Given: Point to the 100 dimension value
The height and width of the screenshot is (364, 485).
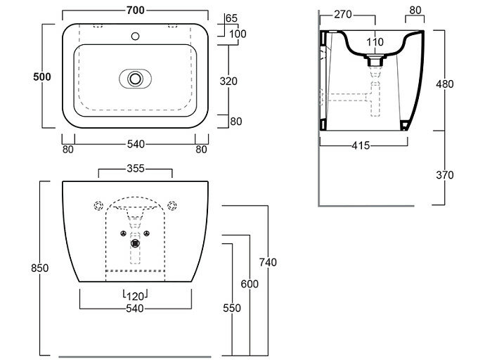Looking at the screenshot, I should [237, 34].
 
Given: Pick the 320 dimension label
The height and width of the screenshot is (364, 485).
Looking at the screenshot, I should [229, 82].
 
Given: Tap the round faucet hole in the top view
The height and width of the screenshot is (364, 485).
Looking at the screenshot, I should [134, 34].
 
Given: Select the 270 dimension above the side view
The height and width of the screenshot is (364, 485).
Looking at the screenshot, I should [343, 14].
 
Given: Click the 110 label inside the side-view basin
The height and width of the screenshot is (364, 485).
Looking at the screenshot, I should [375, 42].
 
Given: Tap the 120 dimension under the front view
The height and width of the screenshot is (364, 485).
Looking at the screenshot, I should [135, 295].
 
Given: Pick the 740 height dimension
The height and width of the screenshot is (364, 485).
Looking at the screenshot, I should [269, 262].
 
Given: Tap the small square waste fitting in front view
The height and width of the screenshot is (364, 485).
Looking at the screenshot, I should [135, 244].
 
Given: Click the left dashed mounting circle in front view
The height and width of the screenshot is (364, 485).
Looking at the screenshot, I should [98, 206].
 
